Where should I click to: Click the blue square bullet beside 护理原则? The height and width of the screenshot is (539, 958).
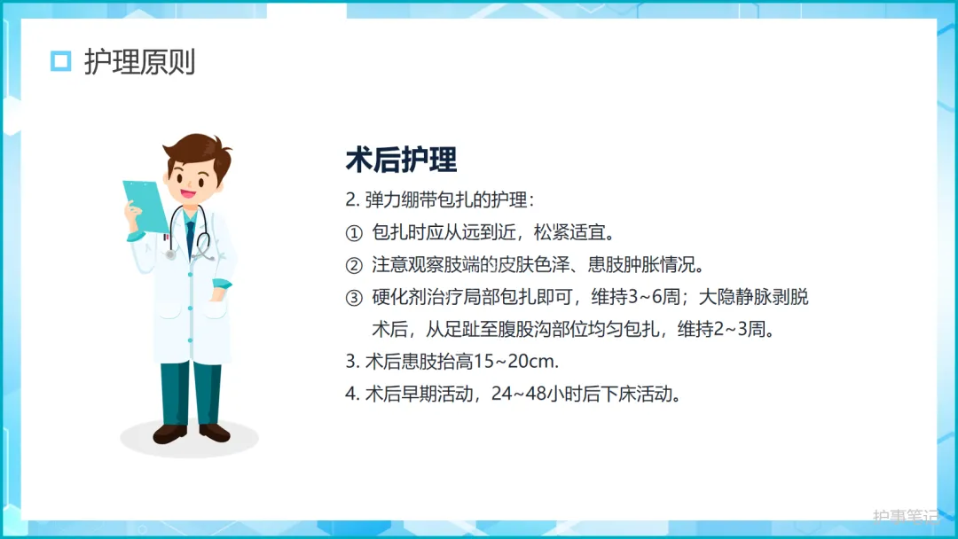coord(60,61)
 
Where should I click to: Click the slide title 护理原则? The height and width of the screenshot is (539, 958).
coord(140,62)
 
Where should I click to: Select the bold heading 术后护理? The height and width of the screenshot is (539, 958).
coord(401,160)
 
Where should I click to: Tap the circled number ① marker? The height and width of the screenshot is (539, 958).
coord(354,233)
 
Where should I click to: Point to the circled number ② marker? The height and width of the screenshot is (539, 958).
coord(354,266)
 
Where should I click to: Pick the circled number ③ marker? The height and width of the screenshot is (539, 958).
coord(354,298)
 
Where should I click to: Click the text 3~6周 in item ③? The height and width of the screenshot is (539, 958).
coord(654,297)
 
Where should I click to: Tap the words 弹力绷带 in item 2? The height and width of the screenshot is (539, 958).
coord(401,199)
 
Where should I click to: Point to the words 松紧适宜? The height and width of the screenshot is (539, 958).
coord(569,232)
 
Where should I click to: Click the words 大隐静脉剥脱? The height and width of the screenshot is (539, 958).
coord(753,297)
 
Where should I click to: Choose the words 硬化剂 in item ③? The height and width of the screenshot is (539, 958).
coord(399,297)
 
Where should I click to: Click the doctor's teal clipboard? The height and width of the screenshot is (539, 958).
coord(145,207)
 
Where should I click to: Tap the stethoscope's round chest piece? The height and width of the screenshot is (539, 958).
coord(171,254)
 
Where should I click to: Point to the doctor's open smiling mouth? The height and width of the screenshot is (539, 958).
coord(187,194)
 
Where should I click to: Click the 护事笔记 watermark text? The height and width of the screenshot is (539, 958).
coord(906,517)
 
